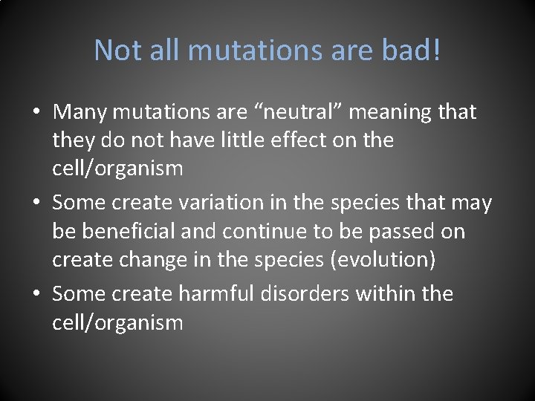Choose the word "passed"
tap(401, 231)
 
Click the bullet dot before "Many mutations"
tap(36, 113)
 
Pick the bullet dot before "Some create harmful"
tap(36, 294)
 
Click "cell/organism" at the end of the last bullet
tap(117, 323)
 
